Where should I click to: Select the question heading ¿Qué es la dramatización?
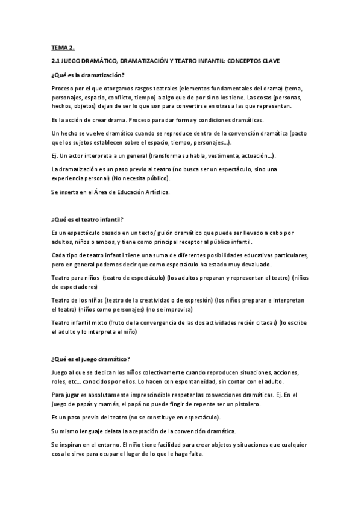[x=88, y=75]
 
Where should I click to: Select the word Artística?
[x=154, y=192]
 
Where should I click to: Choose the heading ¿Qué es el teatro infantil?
[x=88, y=218]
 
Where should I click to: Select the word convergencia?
[x=166, y=323]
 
